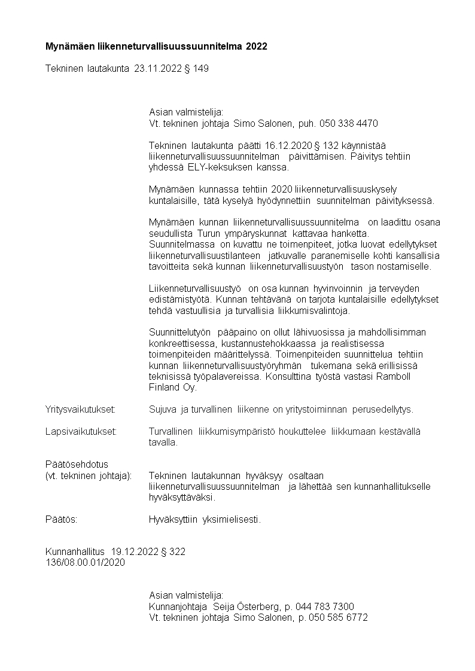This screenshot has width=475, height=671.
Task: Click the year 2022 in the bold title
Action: tap(256, 46)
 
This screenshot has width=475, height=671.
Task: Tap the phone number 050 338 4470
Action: tap(349, 123)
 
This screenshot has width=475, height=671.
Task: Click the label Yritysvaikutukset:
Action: tap(80, 410)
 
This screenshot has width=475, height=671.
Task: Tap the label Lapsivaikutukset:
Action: tap(81, 432)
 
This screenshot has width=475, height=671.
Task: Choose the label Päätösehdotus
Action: tap(77, 465)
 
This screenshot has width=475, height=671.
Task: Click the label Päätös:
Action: tap(62, 520)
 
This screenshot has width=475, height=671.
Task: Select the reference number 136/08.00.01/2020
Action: tap(85, 563)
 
